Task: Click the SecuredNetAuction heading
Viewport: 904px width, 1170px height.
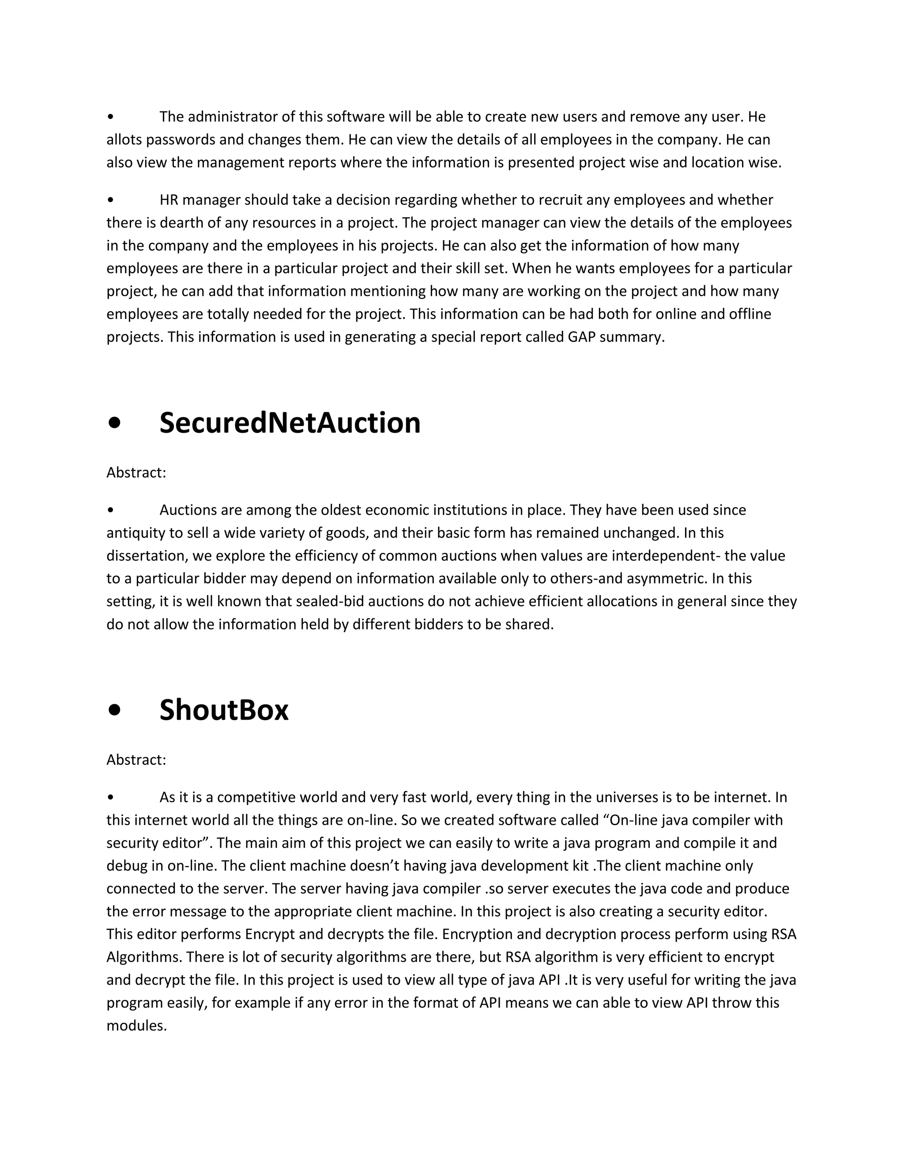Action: coord(290,424)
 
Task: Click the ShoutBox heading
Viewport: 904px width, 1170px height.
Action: coord(224,711)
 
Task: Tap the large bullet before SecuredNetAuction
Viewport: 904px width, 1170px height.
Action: coord(114,424)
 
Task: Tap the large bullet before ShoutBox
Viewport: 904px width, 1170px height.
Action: coord(114,711)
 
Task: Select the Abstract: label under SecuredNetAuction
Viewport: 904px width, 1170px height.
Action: coord(136,473)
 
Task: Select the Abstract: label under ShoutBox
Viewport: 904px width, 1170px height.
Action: coord(136,760)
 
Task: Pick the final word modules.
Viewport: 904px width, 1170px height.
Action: coord(136,1026)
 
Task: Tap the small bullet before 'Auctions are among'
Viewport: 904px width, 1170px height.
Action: coord(110,510)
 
